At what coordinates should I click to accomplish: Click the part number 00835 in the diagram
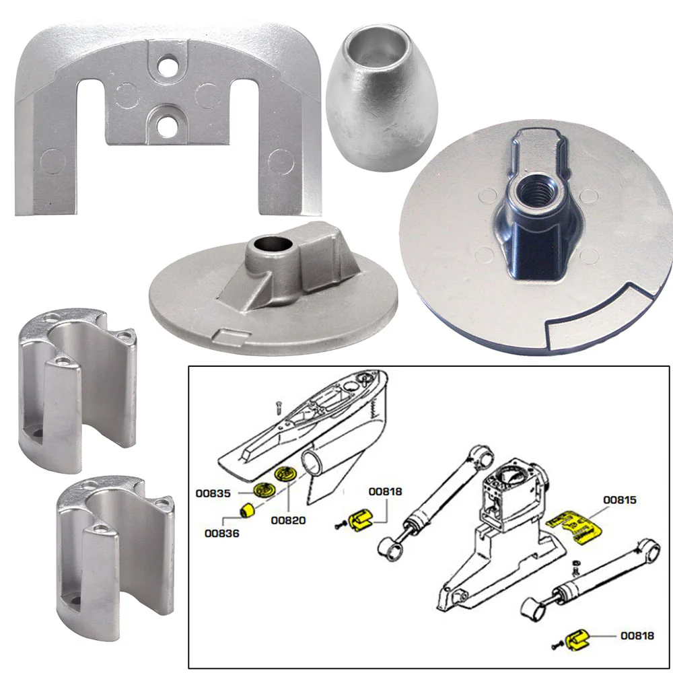coord(214,493)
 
